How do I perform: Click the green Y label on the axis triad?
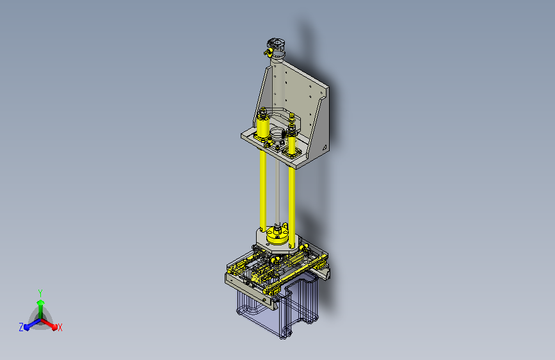pos(40,293)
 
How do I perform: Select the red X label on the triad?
pos(60,327)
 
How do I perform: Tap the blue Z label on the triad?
pos(21,327)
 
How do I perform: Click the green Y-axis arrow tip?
pos(40,302)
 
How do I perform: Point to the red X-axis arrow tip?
pos(54,326)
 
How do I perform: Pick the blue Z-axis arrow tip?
pos(27,327)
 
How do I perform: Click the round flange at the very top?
pos(276,44)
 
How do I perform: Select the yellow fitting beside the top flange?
pos(267,53)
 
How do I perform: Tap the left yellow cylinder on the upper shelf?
pos(262,127)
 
